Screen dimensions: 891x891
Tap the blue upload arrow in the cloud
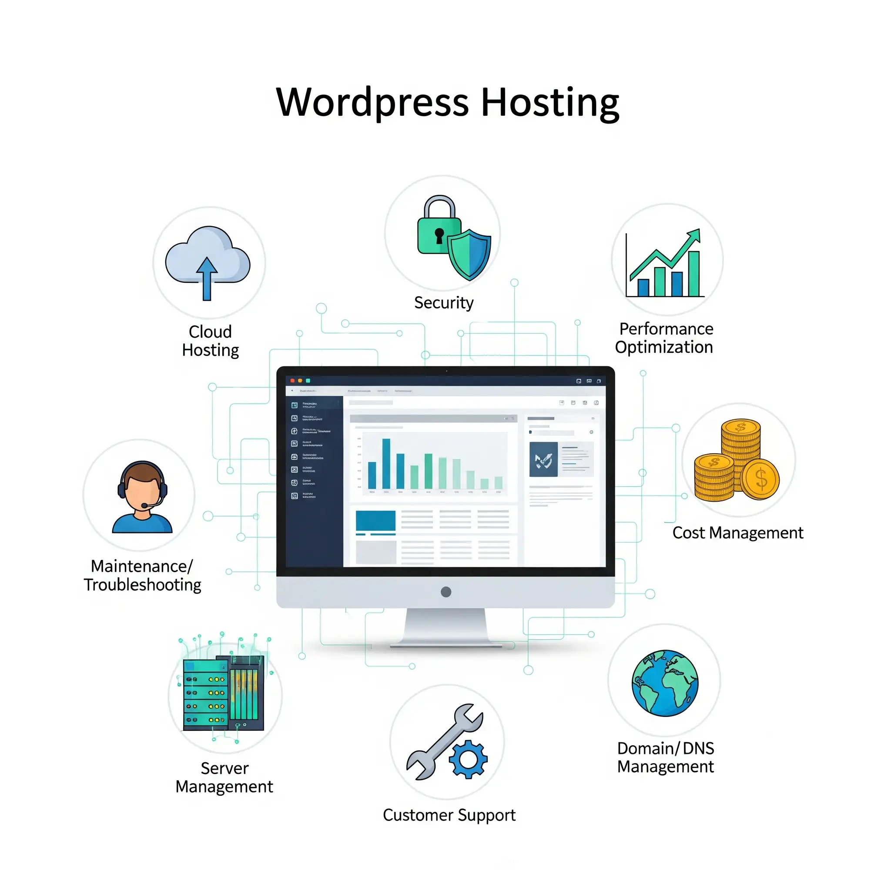click(207, 277)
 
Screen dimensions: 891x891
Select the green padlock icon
click(439, 231)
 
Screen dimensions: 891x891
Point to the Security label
click(444, 303)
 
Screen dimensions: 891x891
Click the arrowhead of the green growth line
click(694, 235)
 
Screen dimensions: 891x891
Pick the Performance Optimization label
click(665, 338)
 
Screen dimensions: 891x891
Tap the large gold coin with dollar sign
click(760, 479)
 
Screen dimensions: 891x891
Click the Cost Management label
click(737, 533)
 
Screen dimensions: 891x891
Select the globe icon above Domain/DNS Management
click(665, 683)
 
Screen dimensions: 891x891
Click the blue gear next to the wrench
click(468, 759)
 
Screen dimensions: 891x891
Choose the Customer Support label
click(449, 815)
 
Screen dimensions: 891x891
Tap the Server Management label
click(224, 777)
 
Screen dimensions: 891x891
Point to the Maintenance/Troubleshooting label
click(143, 576)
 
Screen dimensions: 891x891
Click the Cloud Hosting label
click(210, 341)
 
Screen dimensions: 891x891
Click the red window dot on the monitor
click(292, 381)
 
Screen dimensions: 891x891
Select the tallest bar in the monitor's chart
click(386, 463)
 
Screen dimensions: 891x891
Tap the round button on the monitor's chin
click(446, 592)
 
